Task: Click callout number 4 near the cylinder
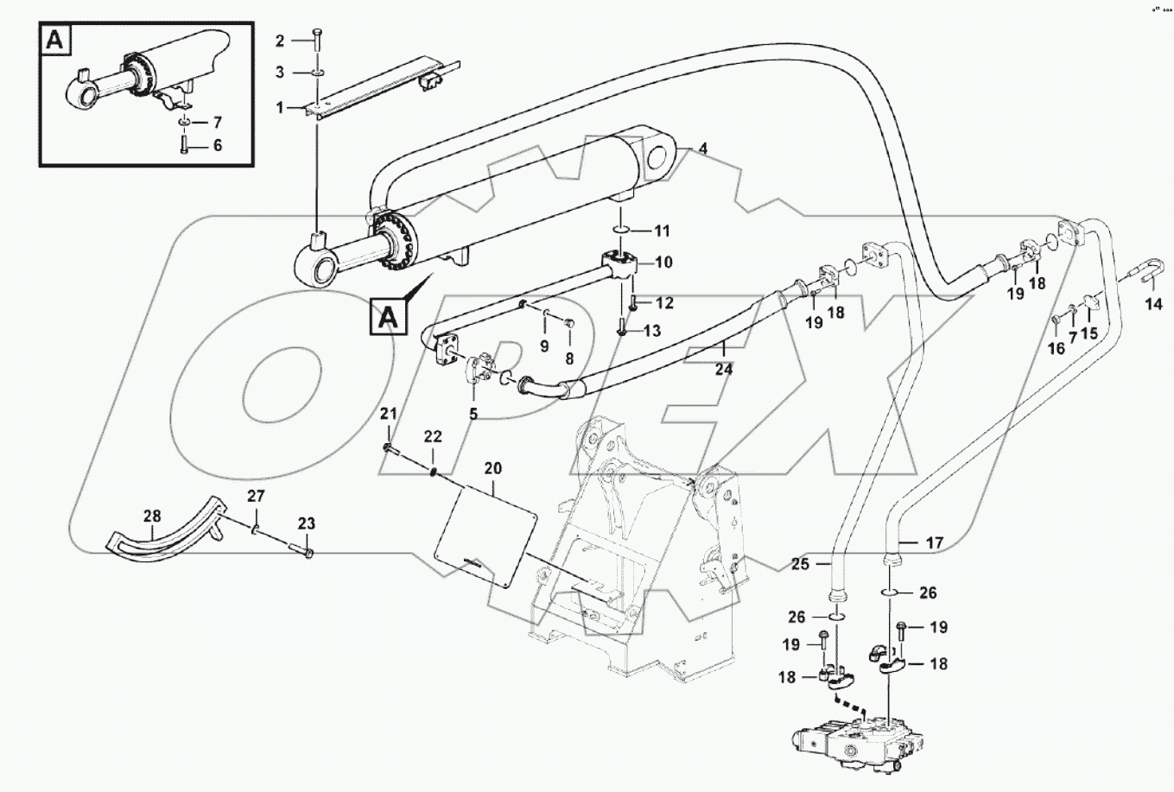(704, 149)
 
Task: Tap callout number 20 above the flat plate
(492, 467)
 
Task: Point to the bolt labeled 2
(317, 39)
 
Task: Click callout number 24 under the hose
(724, 369)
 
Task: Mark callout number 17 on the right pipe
(935, 543)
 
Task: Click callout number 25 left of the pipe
(799, 564)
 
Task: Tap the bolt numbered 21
(389, 448)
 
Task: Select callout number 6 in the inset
(217, 146)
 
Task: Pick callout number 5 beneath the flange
(473, 414)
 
